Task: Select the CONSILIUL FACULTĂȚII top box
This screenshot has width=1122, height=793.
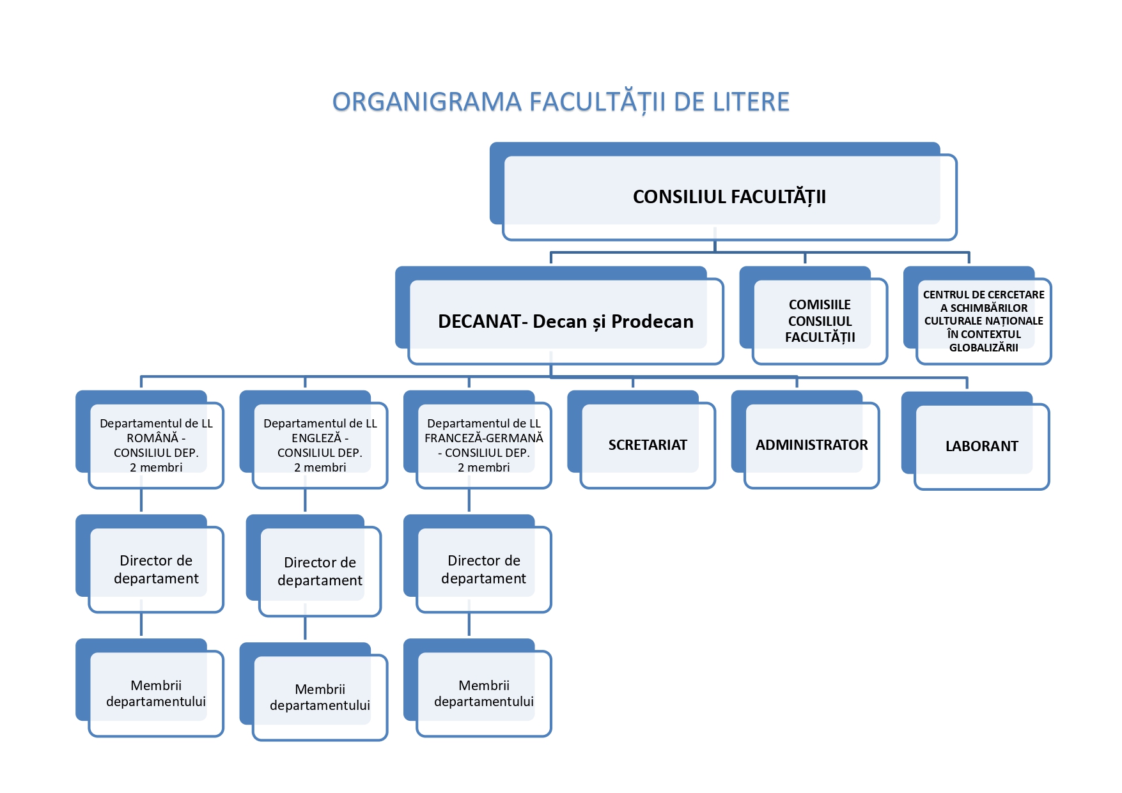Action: click(x=729, y=197)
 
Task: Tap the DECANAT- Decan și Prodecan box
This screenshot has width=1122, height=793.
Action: click(x=565, y=321)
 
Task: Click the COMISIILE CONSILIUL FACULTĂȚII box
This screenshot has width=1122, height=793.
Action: click(x=820, y=321)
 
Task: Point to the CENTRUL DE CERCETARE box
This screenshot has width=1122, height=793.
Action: click(x=983, y=321)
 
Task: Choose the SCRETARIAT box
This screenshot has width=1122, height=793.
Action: click(x=647, y=445)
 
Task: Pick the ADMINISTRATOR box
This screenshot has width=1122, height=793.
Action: click(x=811, y=445)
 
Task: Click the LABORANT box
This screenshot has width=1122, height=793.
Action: click(x=981, y=446)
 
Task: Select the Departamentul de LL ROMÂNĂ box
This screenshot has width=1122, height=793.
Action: click(x=156, y=445)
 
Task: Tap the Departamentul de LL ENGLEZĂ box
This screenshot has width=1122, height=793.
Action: click(x=320, y=445)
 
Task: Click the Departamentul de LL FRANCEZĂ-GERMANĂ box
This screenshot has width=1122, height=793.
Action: click(x=483, y=445)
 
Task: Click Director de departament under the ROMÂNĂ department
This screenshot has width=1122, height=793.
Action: click(x=156, y=569)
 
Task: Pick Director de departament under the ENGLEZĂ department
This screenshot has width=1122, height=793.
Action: click(x=320, y=571)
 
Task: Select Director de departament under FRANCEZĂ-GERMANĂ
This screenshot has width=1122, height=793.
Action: click(x=483, y=569)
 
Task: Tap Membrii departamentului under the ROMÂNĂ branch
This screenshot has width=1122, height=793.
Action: click(x=156, y=693)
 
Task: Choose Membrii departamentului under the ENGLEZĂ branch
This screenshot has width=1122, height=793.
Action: click(x=320, y=697)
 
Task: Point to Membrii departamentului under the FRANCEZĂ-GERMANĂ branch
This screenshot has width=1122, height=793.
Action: click(x=483, y=693)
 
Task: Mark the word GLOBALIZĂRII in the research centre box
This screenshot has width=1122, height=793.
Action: click(x=983, y=348)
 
